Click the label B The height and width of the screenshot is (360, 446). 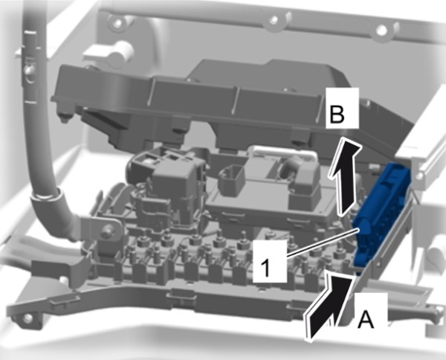coord(337,114)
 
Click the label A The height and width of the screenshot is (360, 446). coord(365,319)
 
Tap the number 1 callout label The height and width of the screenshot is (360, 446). coord(265,267)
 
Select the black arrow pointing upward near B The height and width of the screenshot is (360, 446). coord(345,176)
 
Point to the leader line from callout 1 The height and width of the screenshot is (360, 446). coord(322,242)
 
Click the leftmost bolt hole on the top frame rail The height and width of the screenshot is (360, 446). coord(117,22)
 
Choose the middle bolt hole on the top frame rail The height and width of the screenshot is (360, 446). coord(274,20)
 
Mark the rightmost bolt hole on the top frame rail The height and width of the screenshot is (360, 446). coord(382,29)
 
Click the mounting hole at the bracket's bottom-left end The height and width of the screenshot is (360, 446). coord(28,318)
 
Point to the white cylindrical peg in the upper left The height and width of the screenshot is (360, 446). coord(121,52)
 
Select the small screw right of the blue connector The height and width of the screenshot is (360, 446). coord(418,176)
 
